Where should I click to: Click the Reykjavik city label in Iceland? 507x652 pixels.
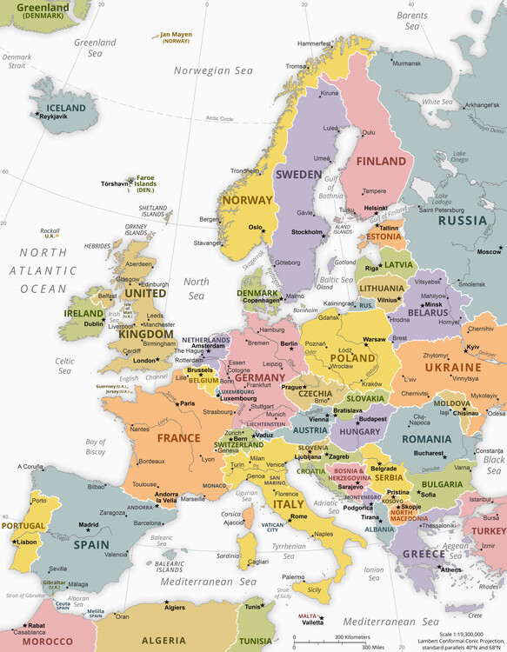[x=54, y=116]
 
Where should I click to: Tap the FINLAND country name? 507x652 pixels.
[x=381, y=161]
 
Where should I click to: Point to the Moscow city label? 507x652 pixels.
[x=489, y=252]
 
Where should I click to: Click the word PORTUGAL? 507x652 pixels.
[x=23, y=526]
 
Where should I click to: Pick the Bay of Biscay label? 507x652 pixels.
[x=96, y=447]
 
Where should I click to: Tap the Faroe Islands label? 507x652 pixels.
[x=144, y=183]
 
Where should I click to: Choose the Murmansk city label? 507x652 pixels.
[x=405, y=63]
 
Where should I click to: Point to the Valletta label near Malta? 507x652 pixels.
[x=312, y=622]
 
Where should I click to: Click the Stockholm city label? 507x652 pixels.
[x=307, y=232]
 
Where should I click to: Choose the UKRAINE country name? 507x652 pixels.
[x=452, y=368]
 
